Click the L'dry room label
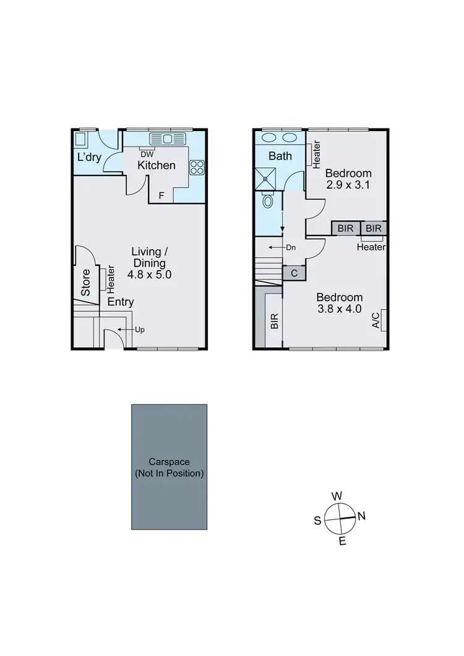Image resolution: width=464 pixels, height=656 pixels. click(88, 158)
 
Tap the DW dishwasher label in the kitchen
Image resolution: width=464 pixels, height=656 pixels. click(147, 154)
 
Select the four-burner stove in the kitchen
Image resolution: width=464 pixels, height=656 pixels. click(197, 166)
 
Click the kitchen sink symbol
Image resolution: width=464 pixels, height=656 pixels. click(168, 138)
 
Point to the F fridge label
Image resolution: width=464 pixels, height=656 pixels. click(161, 196)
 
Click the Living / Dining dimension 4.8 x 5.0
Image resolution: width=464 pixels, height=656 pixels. click(150, 273)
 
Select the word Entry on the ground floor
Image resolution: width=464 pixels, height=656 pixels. click(121, 302)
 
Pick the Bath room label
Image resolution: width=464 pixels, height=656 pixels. click(280, 156)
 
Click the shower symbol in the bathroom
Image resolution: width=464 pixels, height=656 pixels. click(267, 178)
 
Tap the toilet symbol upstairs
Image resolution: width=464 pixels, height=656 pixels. click(268, 201)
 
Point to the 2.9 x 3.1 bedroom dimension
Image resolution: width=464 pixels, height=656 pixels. click(348, 184)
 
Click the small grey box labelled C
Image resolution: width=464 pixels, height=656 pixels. click(293, 273)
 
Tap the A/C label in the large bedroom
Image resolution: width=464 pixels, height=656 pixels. click(376, 319)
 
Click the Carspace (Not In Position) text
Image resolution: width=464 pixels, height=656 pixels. click(169, 467)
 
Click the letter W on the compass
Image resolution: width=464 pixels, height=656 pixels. click(337, 496)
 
